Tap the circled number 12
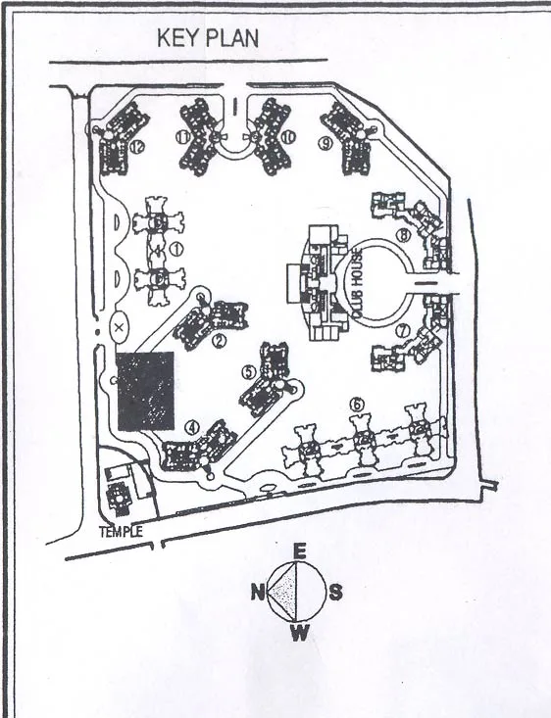137,147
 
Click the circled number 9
325,142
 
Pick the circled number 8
402,235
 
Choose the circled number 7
401,331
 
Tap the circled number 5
249,371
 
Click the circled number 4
192,427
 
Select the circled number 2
220,341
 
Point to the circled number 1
177,249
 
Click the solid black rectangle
146,390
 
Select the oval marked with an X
119,327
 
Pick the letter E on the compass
300,551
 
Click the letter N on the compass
256,592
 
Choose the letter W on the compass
300,632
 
